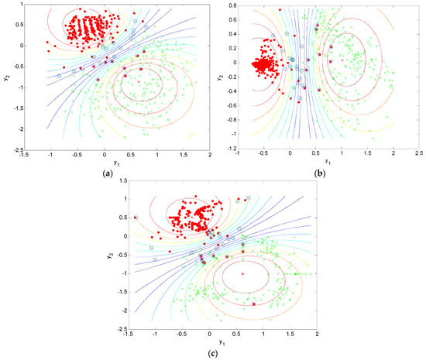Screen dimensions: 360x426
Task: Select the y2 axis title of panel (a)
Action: (x=6, y=78)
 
